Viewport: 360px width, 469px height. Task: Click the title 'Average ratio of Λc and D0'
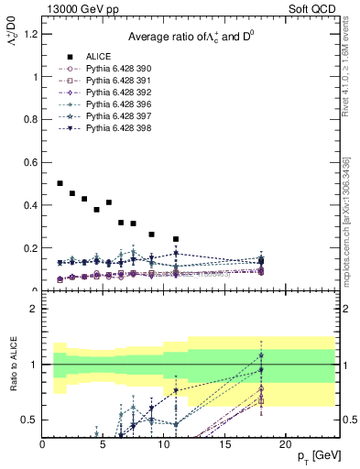[x=191, y=36]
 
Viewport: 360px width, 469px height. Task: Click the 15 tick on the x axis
[x=224, y=444]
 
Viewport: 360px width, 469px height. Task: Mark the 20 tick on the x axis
[x=285, y=444]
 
